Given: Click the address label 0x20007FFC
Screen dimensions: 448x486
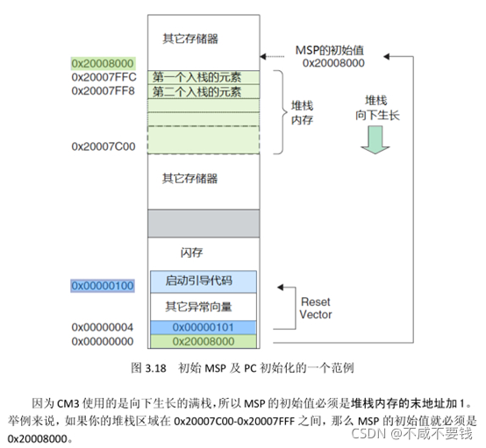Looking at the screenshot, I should click(104, 77).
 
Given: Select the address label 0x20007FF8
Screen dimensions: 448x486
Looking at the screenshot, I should click(104, 91).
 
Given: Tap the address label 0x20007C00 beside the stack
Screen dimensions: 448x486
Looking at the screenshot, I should click(104, 146).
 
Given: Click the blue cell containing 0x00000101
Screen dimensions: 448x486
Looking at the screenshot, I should click(203, 327).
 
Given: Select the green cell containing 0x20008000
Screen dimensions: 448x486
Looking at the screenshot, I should click(203, 341).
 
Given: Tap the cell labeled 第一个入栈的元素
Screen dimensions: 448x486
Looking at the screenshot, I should click(197, 77).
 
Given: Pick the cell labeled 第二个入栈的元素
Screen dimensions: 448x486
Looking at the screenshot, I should click(197, 91).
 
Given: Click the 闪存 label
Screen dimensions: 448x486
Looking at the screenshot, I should click(191, 252).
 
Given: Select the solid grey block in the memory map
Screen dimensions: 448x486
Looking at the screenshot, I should click(203, 224).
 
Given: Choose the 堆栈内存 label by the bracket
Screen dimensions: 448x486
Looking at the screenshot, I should click(303, 111).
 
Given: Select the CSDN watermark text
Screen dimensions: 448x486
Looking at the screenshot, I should click(369, 432).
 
